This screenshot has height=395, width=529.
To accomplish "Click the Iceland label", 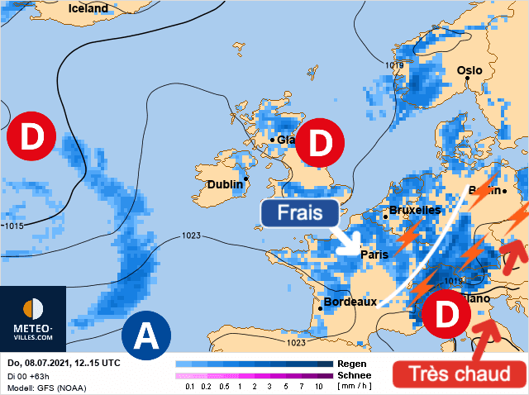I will tap(88, 8).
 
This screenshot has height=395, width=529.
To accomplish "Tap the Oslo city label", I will tap(469, 70).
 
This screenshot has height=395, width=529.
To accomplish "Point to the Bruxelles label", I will tap(414, 210).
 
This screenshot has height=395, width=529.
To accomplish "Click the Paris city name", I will tap(374, 255).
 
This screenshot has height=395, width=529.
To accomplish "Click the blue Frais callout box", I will tap(299, 213).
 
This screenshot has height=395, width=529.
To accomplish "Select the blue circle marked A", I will tap(146, 336).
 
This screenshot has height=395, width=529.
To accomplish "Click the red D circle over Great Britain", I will tap(319, 144).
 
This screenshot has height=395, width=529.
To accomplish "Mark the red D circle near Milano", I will tap(445, 313).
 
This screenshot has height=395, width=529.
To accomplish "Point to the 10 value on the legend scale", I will tap(319, 387).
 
